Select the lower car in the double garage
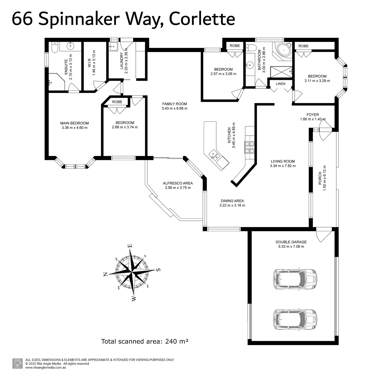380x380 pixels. pos(295,320)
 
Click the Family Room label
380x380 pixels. pos(175,104)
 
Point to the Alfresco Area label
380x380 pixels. pos(178,183)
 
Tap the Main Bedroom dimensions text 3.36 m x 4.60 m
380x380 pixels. pos(75,128)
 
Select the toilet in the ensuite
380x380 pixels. pos(55,47)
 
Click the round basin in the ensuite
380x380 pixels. pos(70,46)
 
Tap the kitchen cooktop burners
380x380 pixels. pos(249,147)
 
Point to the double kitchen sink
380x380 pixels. pos(214,155)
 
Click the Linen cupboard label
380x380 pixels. pos(281,84)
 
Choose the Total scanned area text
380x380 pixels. pos(145,342)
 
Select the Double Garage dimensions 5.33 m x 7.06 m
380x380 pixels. pos(291,246)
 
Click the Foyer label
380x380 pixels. pos(313,115)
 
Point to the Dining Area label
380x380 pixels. pos(232,201)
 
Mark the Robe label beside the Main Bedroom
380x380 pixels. pos(117,102)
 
